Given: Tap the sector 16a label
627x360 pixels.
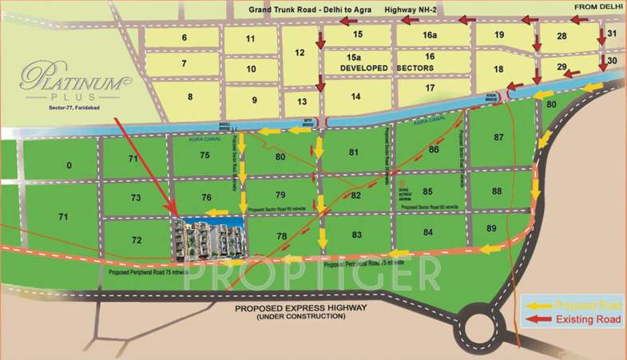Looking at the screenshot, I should coord(430,35).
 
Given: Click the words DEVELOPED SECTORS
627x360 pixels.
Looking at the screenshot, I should coord(379,69).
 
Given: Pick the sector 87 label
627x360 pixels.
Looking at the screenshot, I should coord(499,137).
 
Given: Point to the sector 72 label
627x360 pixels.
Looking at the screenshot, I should coord(137,239).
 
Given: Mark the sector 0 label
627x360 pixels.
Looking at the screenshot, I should coord(69,165).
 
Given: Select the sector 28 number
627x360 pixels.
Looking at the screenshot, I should coord(562,36).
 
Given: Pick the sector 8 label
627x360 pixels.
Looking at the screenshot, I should coord(189,97).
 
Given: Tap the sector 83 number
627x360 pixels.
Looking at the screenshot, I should coord(356,235).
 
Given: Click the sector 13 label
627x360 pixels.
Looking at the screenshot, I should coord(301,102).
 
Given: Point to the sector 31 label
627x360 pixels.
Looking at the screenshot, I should coord(612,34).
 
